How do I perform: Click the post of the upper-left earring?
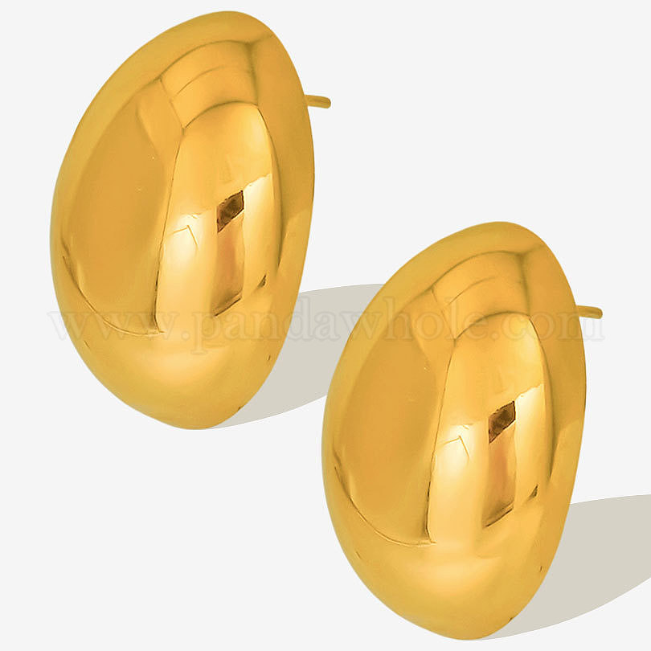point(319,101)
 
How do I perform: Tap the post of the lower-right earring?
point(591,311)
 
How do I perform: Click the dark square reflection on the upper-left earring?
point(230,211)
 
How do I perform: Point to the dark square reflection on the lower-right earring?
point(502,421)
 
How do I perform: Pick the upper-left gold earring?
point(182,220)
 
